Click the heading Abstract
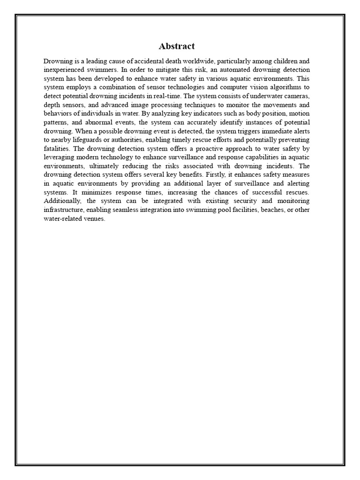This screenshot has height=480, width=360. point(177,46)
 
